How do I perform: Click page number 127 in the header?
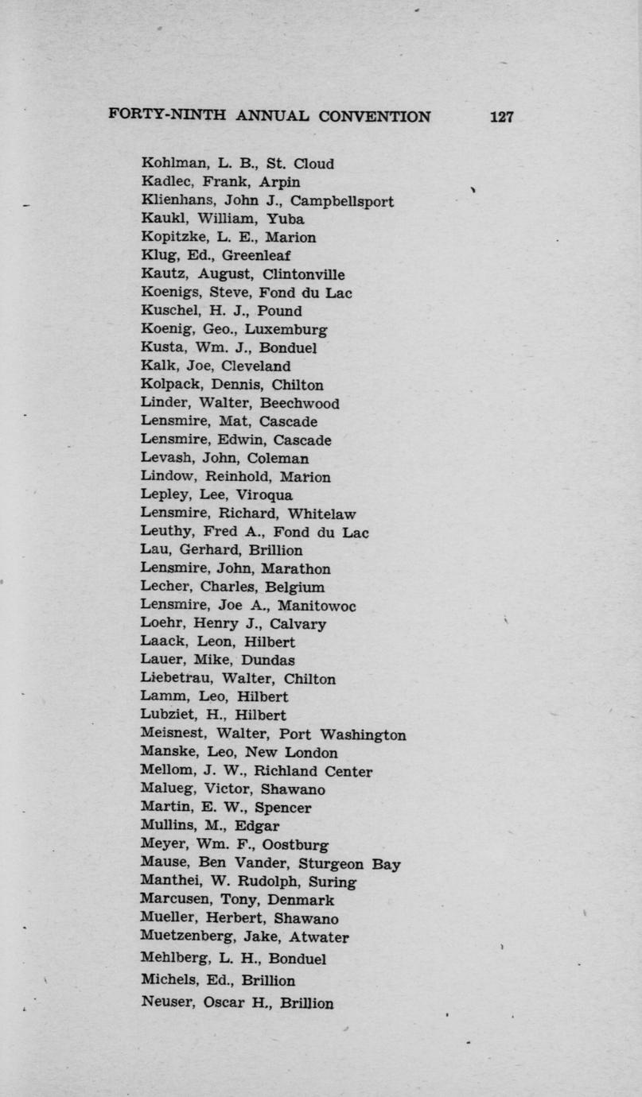tap(502, 117)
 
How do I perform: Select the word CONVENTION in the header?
tap(375, 117)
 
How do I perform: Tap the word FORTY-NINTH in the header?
tap(168, 116)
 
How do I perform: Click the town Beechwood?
tap(300, 404)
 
